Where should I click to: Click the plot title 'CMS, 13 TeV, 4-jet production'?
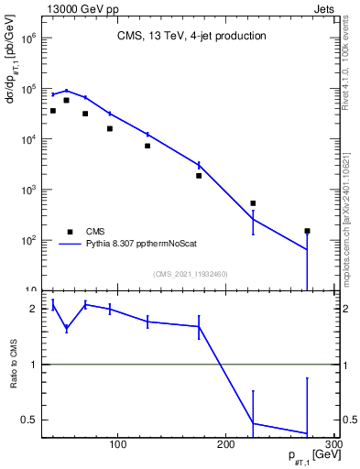(191, 37)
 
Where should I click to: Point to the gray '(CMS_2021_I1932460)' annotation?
(190, 274)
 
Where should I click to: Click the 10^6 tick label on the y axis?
(27, 39)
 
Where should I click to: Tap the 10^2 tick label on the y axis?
(27, 240)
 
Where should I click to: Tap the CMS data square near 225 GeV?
(253, 203)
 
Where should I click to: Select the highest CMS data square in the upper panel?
(66, 101)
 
